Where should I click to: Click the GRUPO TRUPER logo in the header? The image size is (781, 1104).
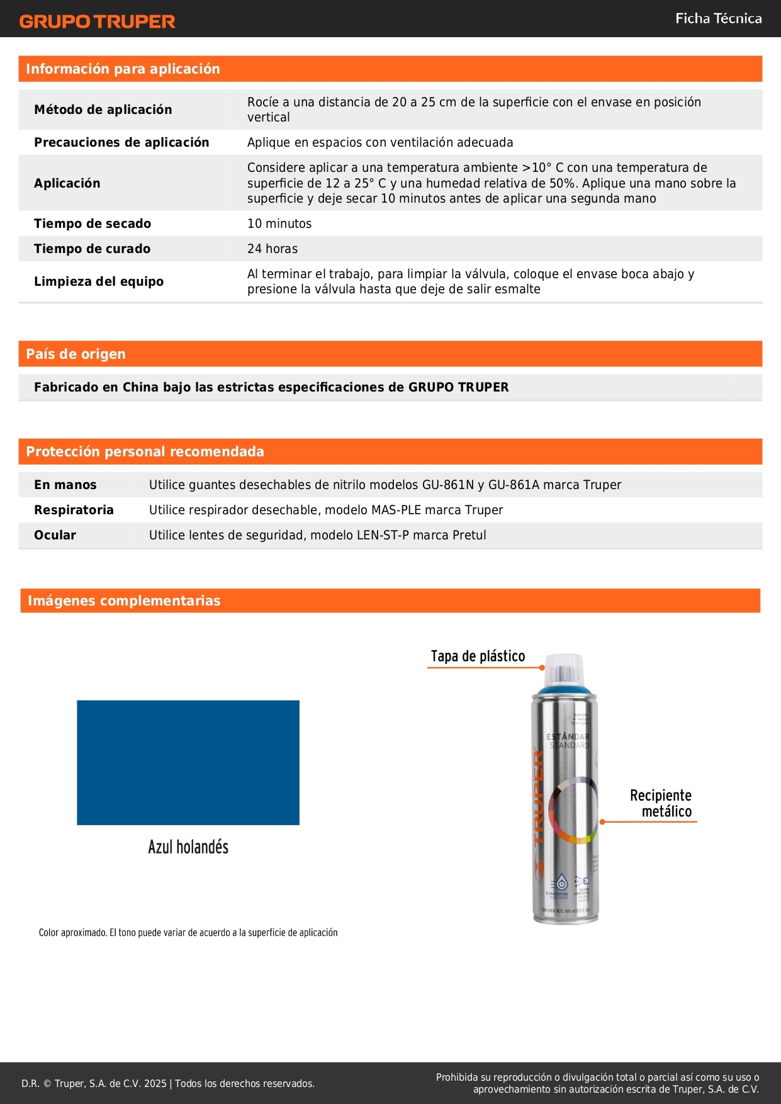click(x=97, y=21)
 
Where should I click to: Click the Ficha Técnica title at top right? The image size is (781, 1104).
click(x=718, y=18)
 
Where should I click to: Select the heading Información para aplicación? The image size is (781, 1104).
click(x=123, y=69)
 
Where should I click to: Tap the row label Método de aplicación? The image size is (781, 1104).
click(x=103, y=110)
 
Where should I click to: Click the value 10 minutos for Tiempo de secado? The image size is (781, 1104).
click(x=279, y=223)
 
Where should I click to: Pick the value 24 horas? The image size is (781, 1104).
click(x=273, y=249)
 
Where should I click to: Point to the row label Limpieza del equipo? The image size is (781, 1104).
click(x=99, y=281)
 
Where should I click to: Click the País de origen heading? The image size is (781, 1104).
click(x=76, y=354)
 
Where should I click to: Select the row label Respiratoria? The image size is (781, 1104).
click(x=74, y=510)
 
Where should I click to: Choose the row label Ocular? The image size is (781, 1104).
click(x=55, y=535)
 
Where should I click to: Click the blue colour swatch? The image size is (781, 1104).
click(x=188, y=762)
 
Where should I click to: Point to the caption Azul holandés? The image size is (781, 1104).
click(x=188, y=847)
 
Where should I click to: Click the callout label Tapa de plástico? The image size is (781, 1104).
click(x=478, y=656)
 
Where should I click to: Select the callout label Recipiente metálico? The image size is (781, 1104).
click(x=661, y=803)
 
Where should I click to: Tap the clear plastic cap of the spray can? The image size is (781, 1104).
click(x=564, y=669)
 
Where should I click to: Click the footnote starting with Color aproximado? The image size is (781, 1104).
click(x=188, y=933)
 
